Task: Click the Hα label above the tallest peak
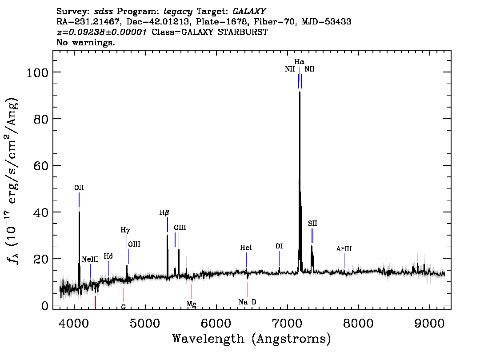click(x=300, y=61)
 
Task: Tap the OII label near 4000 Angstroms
click(x=79, y=188)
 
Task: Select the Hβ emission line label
click(x=164, y=213)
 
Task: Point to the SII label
click(x=312, y=223)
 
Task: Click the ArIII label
click(x=344, y=249)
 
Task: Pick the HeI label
click(x=246, y=248)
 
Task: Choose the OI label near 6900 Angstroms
click(x=279, y=246)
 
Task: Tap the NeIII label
click(x=90, y=259)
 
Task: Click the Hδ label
click(x=108, y=256)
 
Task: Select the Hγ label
click(x=126, y=230)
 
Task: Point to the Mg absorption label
click(x=192, y=304)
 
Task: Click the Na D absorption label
click(x=247, y=302)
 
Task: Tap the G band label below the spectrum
click(x=124, y=307)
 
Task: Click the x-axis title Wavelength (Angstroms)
click(x=252, y=339)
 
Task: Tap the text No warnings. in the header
click(x=86, y=43)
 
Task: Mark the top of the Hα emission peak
click(x=300, y=92)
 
